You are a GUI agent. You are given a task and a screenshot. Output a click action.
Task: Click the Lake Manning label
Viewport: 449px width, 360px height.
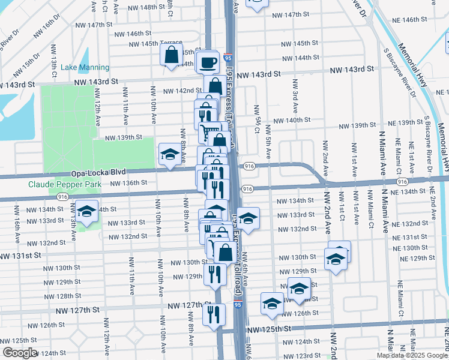85,68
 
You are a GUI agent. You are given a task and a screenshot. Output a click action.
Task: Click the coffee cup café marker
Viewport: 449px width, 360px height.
207,62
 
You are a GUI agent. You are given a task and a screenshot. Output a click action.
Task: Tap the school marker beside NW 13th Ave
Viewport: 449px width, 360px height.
87,212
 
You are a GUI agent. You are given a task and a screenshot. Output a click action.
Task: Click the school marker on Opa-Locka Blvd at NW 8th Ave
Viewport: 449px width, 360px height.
170,155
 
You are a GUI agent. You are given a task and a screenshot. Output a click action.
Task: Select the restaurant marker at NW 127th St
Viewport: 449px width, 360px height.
214,313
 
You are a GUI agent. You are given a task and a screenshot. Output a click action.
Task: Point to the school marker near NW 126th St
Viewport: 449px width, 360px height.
272,304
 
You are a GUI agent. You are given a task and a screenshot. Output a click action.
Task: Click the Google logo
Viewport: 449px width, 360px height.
20,353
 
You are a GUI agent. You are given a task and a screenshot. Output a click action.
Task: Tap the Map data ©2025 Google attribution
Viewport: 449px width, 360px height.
412,355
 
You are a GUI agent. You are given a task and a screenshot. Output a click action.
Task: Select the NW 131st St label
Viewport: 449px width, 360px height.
20,255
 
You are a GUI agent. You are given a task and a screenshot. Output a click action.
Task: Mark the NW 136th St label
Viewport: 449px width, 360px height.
128,183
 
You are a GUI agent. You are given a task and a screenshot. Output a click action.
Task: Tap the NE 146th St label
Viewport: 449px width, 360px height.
407,20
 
